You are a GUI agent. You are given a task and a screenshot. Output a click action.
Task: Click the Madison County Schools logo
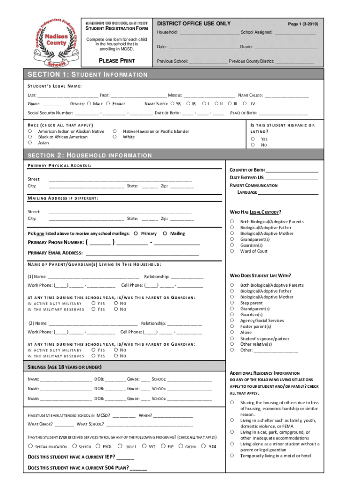(x=55, y=43)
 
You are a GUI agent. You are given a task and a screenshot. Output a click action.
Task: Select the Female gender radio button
(x=108, y=104)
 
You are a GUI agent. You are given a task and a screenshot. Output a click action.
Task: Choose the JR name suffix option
(x=188, y=104)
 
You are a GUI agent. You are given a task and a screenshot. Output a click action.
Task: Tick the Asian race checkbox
(x=29, y=143)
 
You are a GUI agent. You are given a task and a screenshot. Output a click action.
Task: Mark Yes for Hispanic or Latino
(x=252, y=139)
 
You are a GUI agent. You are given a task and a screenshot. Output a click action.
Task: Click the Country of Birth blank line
(x=292, y=170)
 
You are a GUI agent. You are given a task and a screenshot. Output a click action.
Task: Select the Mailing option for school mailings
(x=165, y=233)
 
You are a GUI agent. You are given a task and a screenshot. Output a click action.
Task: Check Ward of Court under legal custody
(x=231, y=251)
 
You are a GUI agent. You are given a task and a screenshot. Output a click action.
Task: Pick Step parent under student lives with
(x=231, y=303)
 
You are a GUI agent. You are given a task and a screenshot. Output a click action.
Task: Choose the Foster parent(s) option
(x=231, y=327)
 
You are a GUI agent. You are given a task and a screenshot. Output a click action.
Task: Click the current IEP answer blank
(x=125, y=457)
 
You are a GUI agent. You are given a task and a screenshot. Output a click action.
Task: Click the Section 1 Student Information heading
(x=88, y=75)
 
